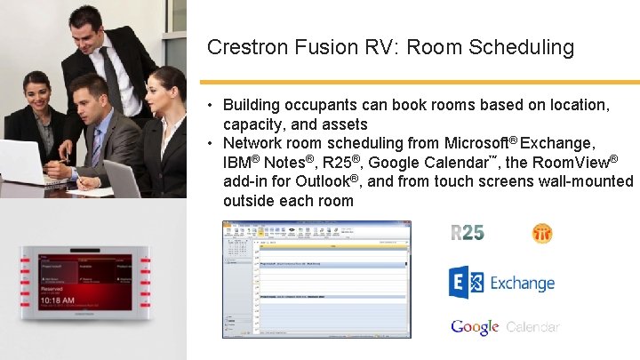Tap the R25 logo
[468, 233]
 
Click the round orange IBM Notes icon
[542, 233]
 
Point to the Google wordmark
[475, 327]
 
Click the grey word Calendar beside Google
[532, 327]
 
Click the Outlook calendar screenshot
[316, 279]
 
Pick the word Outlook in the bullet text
[324, 181]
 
